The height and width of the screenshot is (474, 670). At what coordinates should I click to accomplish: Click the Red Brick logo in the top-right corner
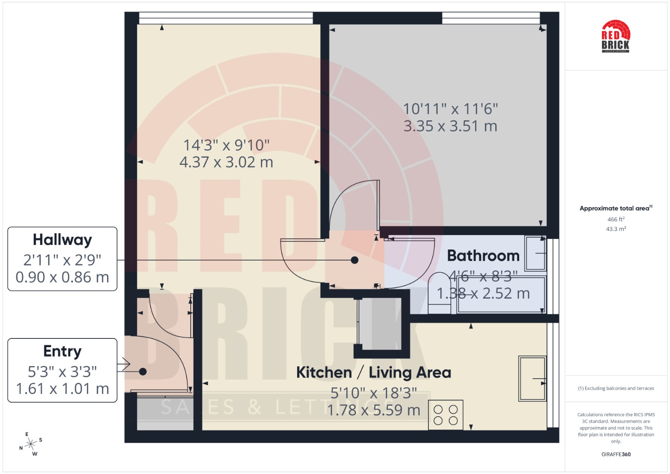615,36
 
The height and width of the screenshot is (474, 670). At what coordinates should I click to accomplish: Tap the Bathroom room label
483,256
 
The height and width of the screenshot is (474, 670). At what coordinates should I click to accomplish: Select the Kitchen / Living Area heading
373,373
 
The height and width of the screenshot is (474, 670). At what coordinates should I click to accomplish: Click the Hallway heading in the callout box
62,240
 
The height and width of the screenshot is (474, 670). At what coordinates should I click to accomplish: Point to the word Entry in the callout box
62,351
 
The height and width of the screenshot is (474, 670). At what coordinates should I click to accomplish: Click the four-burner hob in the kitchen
446,415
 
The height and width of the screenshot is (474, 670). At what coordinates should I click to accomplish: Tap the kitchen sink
533,379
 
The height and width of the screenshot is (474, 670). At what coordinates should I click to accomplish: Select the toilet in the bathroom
440,293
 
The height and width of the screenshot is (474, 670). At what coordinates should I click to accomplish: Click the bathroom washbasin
535,254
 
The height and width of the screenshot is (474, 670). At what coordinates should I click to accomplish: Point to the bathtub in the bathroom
501,295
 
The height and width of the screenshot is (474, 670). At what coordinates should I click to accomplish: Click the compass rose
31,444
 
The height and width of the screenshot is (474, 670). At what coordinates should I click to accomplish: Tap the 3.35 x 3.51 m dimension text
451,126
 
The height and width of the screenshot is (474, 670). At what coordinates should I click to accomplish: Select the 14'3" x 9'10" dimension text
226,145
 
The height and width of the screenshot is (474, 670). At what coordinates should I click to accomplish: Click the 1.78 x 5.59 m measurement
373,410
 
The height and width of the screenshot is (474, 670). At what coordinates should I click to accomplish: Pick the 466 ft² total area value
616,219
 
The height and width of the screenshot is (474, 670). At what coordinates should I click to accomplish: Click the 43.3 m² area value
616,229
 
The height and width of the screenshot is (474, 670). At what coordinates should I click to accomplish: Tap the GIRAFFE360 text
616,454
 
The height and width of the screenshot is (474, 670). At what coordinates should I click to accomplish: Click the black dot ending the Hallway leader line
354,260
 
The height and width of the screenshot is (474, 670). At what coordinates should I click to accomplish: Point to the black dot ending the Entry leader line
143,371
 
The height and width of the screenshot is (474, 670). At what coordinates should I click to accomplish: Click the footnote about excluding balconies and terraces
616,388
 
